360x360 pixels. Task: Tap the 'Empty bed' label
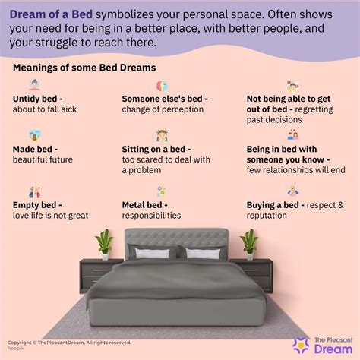point(36,204)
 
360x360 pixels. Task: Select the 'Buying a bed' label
point(276,204)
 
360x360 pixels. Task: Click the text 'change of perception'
point(163,109)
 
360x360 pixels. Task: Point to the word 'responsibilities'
point(151,215)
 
